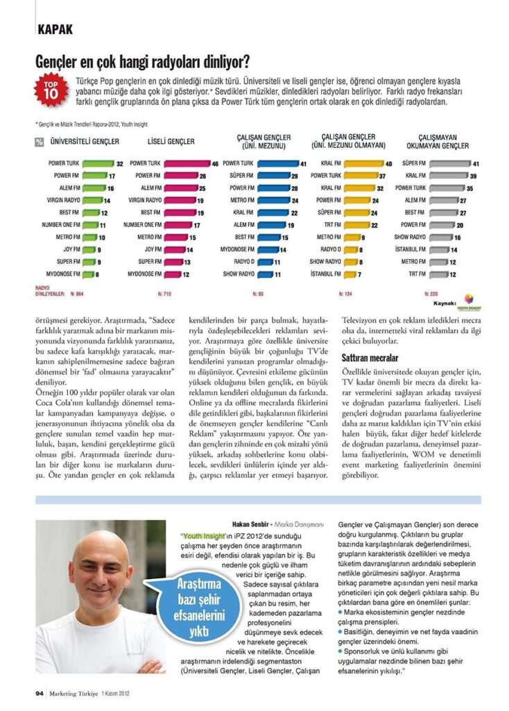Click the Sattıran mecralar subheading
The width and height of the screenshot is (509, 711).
[370, 358]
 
